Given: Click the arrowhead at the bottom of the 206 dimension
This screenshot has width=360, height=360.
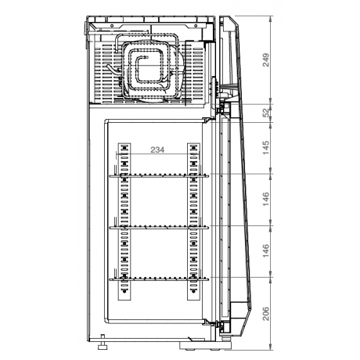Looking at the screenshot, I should [x=271, y=344].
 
